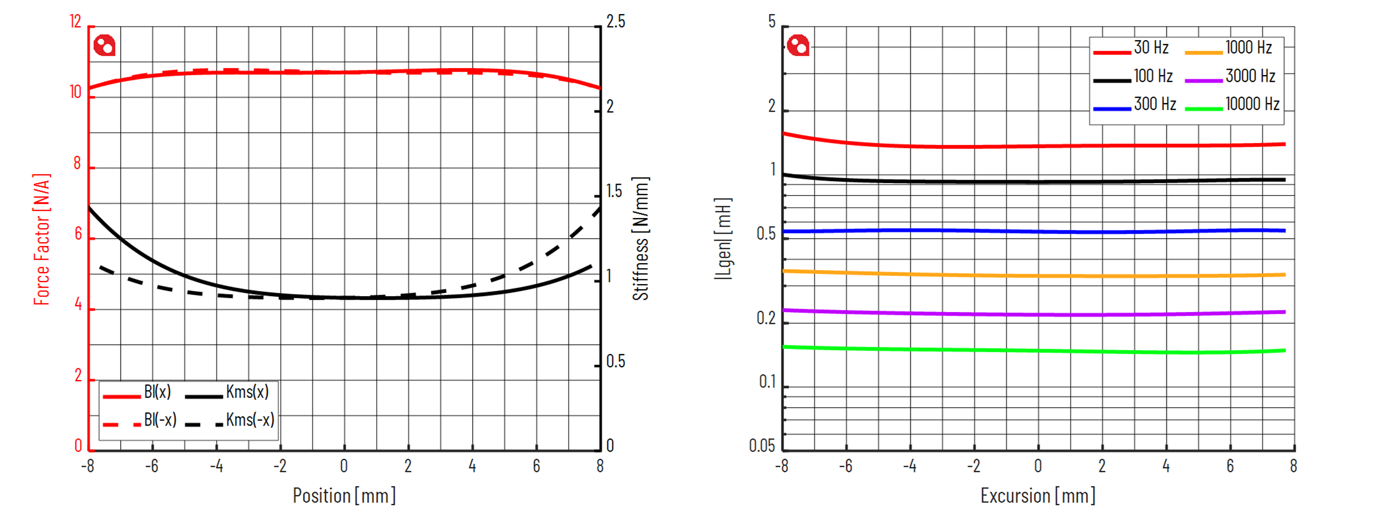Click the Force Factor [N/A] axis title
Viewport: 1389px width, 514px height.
tap(41, 239)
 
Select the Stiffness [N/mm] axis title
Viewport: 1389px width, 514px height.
tap(640, 239)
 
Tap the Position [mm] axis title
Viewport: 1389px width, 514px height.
tap(344, 496)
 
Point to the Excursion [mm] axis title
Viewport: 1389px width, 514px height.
tap(1038, 496)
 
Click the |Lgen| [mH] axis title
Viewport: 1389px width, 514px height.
tap(723, 239)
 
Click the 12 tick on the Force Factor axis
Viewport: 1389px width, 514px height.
tap(76, 22)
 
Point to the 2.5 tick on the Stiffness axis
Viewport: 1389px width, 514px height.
tap(615, 22)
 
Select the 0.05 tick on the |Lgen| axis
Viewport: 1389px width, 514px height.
tap(762, 446)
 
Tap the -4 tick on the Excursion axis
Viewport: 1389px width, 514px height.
tap(909, 467)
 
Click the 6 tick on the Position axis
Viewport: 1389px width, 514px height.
tap(536, 467)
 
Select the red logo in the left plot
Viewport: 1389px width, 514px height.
tap(105, 46)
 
